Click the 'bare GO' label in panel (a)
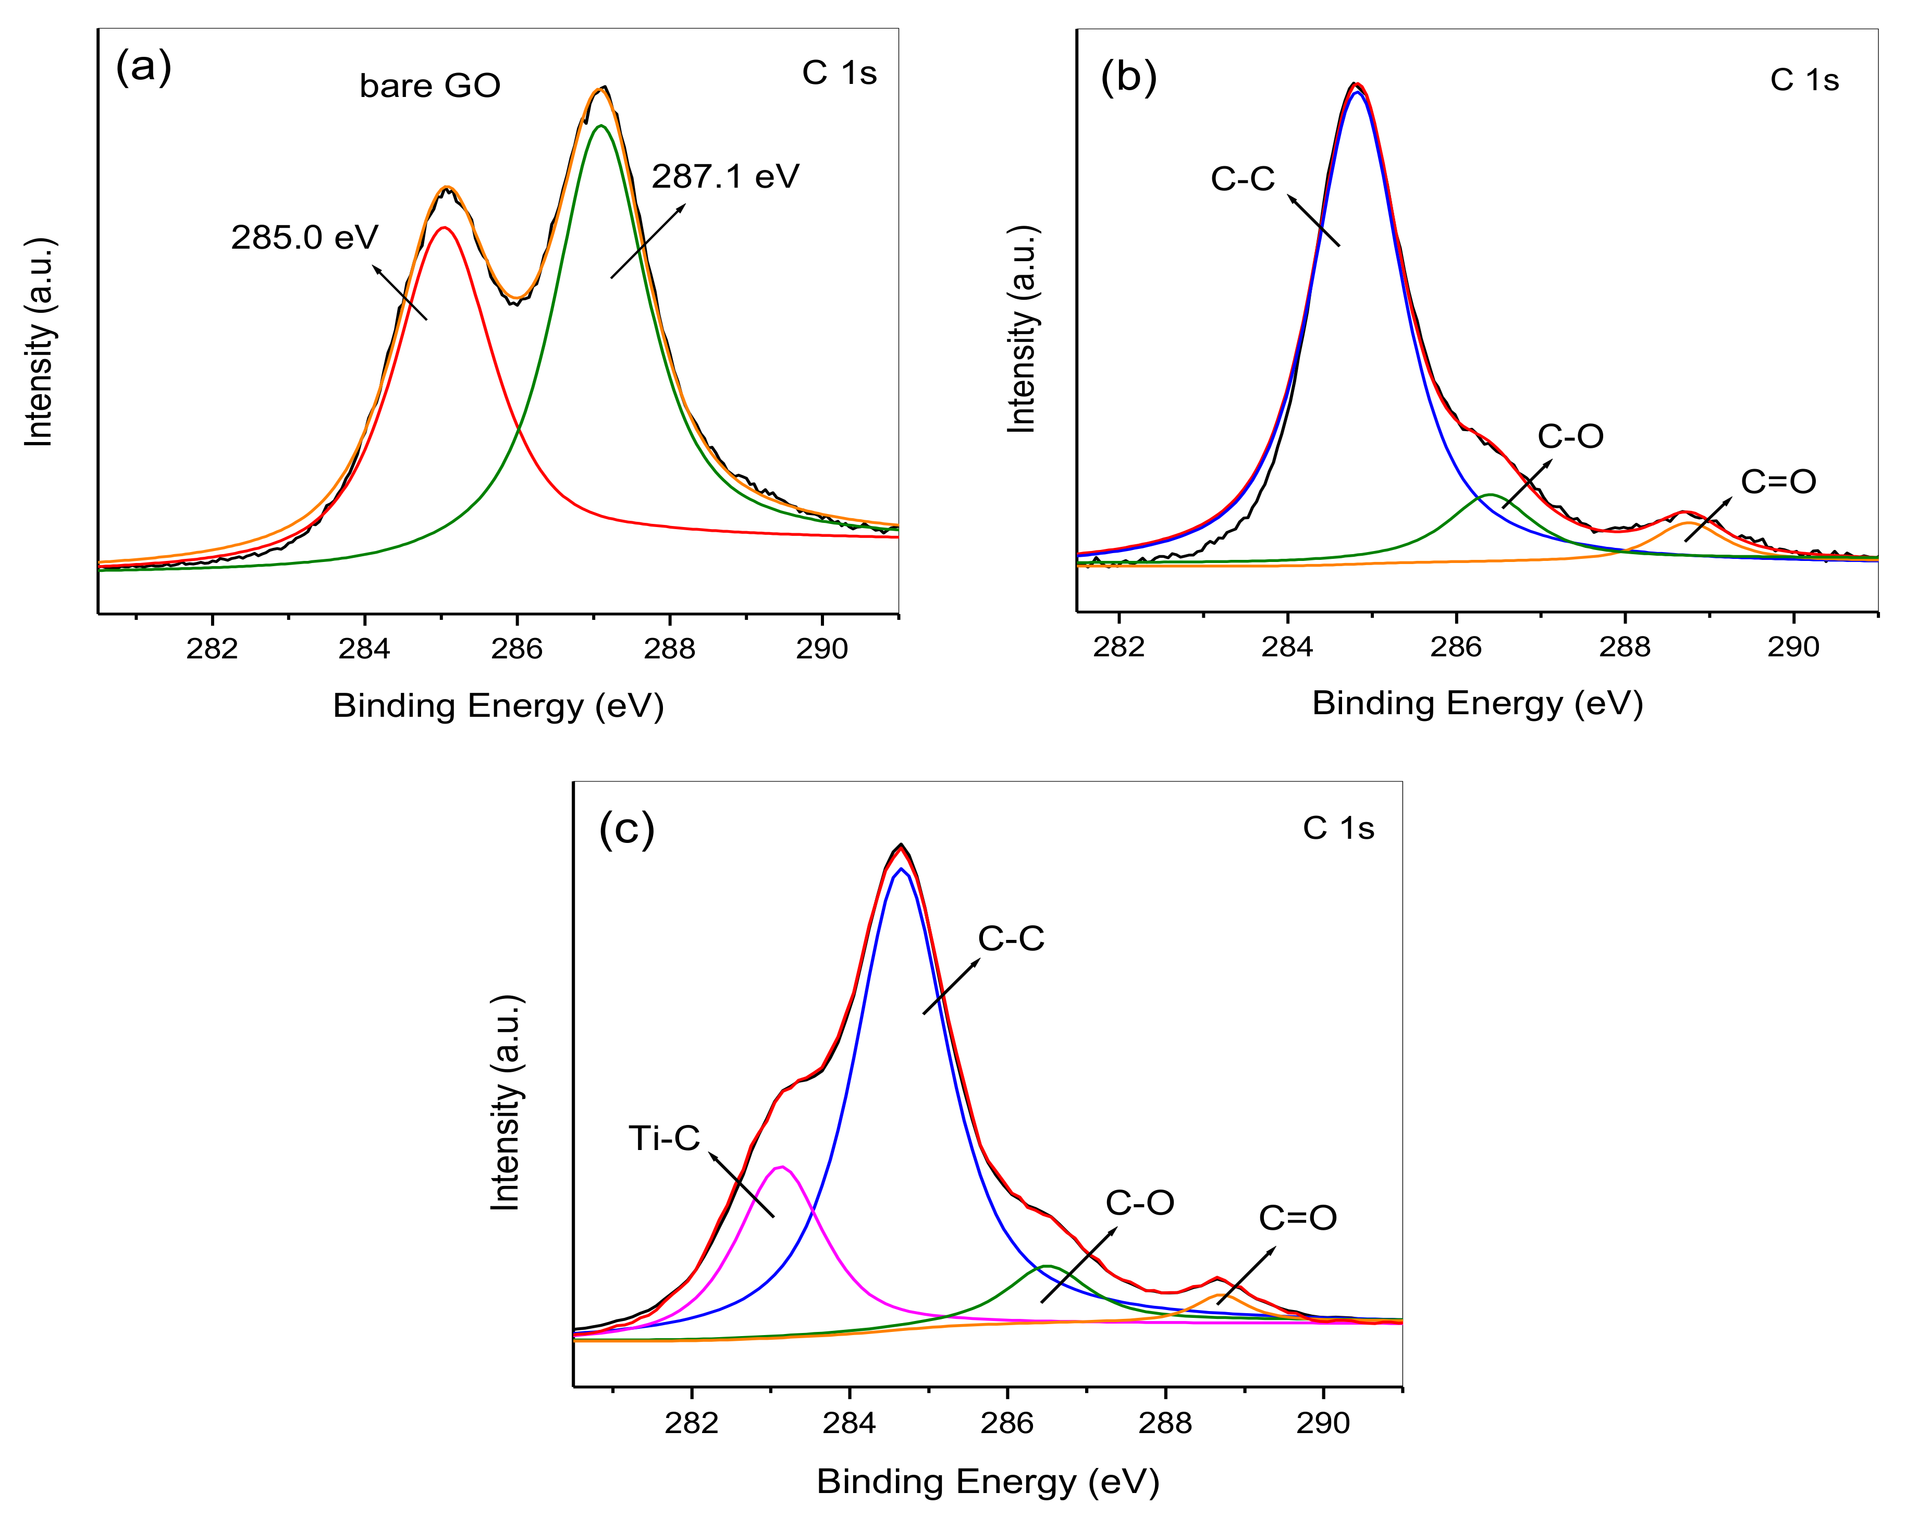click(x=429, y=85)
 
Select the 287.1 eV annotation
click(x=725, y=177)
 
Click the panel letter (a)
click(x=143, y=67)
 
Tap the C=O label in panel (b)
click(x=1778, y=482)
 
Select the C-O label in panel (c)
click(x=1139, y=1203)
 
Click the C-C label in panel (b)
click(x=1242, y=179)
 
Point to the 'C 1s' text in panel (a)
click(x=839, y=74)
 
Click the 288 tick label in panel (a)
click(x=669, y=649)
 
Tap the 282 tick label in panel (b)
click(x=1118, y=647)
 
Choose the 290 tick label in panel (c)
click(x=1323, y=1423)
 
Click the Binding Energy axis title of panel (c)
click(x=988, y=1482)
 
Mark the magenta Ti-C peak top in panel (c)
click(x=781, y=1166)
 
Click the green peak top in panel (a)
click(x=601, y=126)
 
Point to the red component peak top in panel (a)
click(x=445, y=227)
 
